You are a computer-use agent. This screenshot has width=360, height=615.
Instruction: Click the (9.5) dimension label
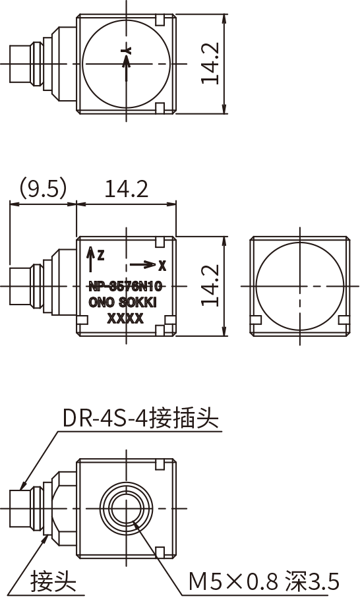(43, 189)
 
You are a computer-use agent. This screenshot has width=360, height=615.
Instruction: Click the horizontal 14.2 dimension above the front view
(126, 189)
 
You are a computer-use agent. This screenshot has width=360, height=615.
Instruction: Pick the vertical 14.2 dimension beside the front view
(210, 285)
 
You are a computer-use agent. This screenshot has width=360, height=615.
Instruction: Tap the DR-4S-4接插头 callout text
(140, 418)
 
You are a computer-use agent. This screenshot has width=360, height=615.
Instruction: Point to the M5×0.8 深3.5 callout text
(264, 581)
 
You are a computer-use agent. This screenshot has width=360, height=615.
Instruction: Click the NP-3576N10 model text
(125, 287)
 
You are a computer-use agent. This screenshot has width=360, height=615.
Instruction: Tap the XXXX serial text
(125, 319)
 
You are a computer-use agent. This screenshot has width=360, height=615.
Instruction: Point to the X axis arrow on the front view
(142, 265)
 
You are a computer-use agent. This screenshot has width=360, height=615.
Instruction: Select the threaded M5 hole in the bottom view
(125, 508)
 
